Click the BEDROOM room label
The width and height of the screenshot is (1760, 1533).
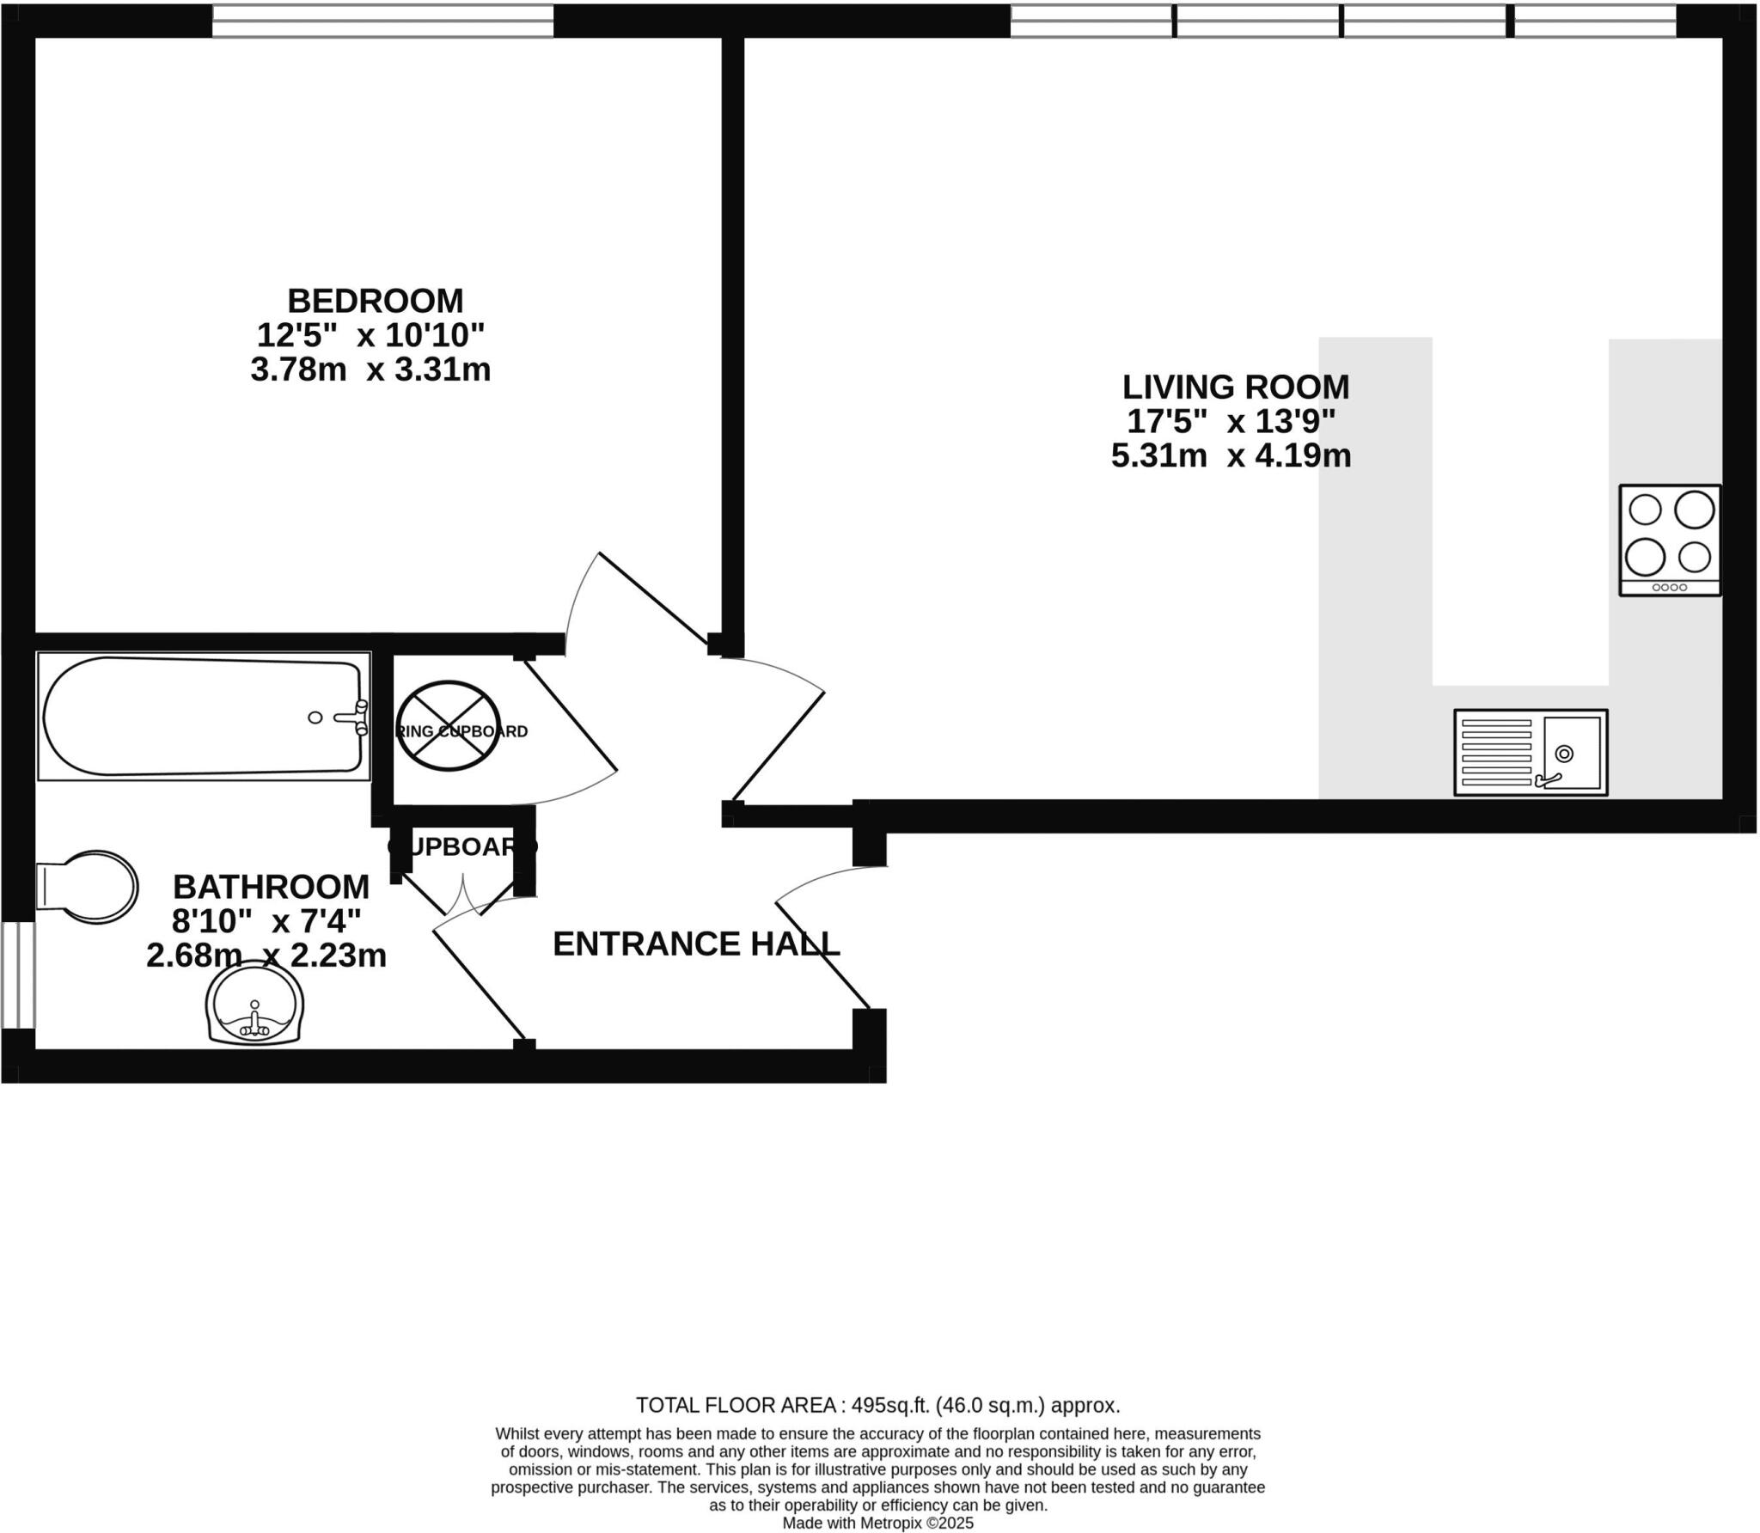(375, 301)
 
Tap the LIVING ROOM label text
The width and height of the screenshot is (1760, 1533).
(1235, 387)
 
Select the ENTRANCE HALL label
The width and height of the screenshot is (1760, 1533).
(695, 944)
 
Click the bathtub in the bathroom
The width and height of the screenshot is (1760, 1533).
(203, 716)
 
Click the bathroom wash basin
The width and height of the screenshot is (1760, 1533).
(254, 1004)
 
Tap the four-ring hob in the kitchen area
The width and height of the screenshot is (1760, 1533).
(1670, 540)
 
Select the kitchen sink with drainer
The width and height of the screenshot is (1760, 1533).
(1530, 752)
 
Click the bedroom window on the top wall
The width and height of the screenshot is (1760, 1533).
(382, 21)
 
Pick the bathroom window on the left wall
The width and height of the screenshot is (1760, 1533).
(17, 974)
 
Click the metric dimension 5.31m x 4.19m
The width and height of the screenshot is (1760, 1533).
(1231, 455)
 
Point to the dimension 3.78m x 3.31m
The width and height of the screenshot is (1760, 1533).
(370, 370)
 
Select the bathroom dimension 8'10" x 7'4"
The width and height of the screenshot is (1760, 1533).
(266, 921)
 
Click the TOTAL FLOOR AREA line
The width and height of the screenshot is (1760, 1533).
(877, 1405)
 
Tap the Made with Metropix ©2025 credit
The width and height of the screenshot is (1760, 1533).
(877, 1523)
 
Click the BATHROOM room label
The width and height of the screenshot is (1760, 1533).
(271, 886)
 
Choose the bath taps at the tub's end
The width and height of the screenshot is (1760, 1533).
(360, 717)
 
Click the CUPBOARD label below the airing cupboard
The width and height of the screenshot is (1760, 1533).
(462, 846)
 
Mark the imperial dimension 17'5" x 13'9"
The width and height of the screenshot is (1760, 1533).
(1231, 421)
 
